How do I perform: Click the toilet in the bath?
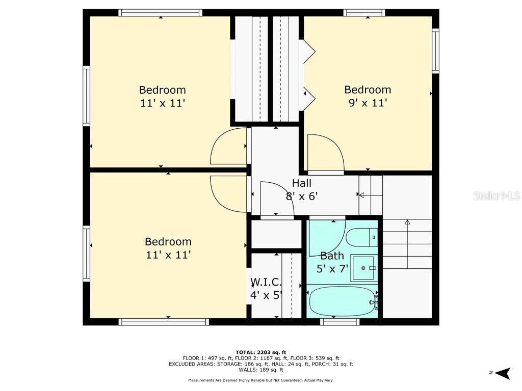click(x=361, y=237)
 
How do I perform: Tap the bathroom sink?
click(x=365, y=268)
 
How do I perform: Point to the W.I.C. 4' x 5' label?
click(x=266, y=288)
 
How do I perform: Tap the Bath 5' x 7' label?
click(x=332, y=262)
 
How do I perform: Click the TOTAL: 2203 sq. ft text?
click(x=261, y=352)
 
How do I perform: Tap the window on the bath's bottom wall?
click(x=340, y=321)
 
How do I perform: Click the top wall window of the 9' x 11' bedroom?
click(x=364, y=13)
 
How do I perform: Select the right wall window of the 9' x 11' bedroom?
click(x=435, y=51)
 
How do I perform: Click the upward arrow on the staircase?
click(x=407, y=222)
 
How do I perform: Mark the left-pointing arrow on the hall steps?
click(x=361, y=194)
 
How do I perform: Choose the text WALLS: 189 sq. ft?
click(x=261, y=370)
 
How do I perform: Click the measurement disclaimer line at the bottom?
click(x=261, y=380)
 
